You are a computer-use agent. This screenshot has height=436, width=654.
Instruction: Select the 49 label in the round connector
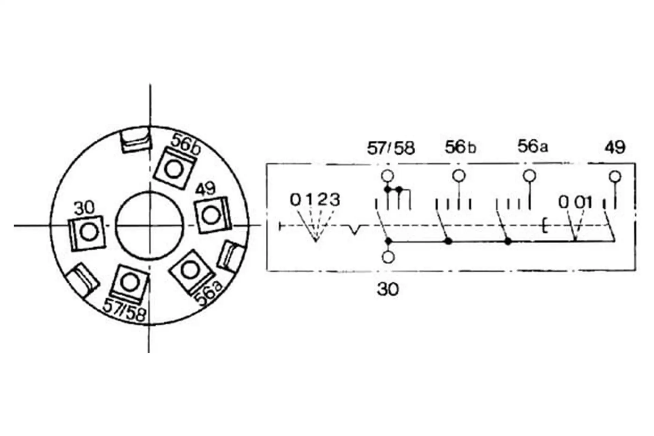pyautogui.click(x=206, y=188)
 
